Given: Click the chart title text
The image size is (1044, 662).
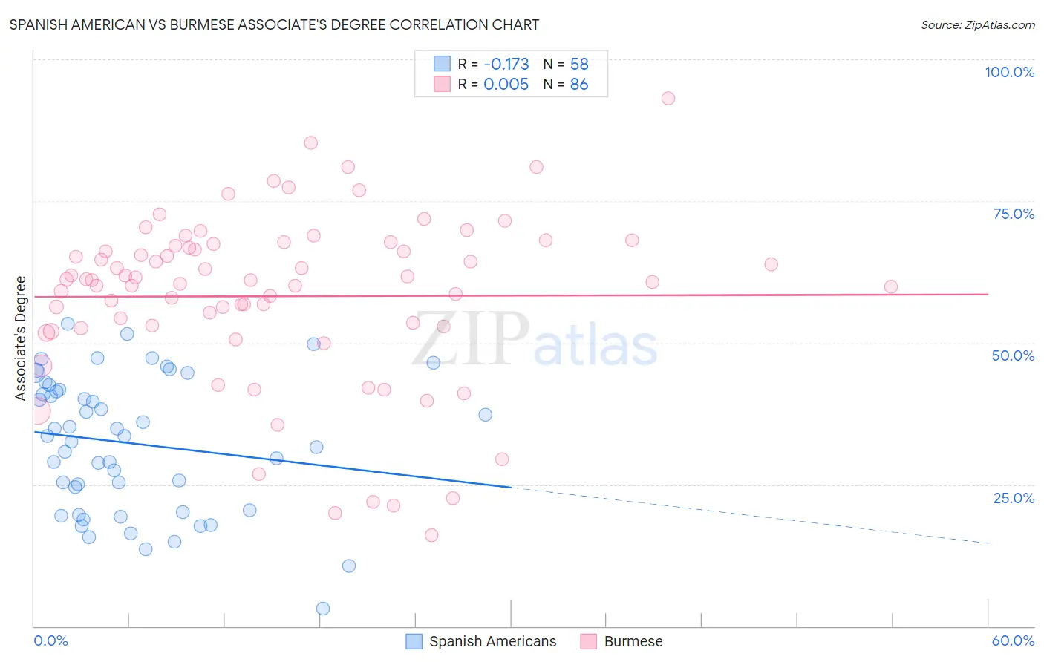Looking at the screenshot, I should (x=274, y=24).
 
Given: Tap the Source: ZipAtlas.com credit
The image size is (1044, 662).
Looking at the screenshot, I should (x=977, y=24).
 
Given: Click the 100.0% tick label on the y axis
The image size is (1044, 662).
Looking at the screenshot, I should (x=1009, y=72).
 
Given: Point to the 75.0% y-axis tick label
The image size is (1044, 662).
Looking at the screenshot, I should (x=1014, y=214).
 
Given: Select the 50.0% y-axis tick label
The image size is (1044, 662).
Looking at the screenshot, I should (x=1013, y=355).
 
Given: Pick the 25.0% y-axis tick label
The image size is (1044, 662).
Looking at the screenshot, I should (x=1014, y=498).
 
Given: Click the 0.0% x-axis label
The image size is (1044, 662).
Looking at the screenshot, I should (x=50, y=640).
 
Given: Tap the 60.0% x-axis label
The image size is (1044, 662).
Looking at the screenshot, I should (x=1013, y=640).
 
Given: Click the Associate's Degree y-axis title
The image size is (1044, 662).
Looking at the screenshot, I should (x=21, y=338).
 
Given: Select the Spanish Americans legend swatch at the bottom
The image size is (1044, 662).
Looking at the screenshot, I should (x=414, y=641).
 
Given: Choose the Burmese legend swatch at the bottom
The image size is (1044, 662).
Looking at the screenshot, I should (x=589, y=641).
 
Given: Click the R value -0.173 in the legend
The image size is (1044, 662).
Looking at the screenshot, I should (x=506, y=65).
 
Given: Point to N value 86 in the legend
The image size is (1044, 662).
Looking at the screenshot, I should (x=579, y=85).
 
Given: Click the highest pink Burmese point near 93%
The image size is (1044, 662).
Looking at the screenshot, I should (x=668, y=99).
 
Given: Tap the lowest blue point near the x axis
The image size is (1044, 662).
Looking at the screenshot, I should (x=323, y=609).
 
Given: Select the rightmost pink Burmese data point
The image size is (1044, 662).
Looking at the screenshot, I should (x=891, y=286).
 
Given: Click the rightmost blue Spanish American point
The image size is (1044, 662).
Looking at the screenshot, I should (x=486, y=415).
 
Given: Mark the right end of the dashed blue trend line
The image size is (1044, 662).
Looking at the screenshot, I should (x=988, y=543).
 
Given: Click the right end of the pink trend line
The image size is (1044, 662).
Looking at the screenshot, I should (x=988, y=295).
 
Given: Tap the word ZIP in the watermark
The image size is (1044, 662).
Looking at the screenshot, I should (x=470, y=340).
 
